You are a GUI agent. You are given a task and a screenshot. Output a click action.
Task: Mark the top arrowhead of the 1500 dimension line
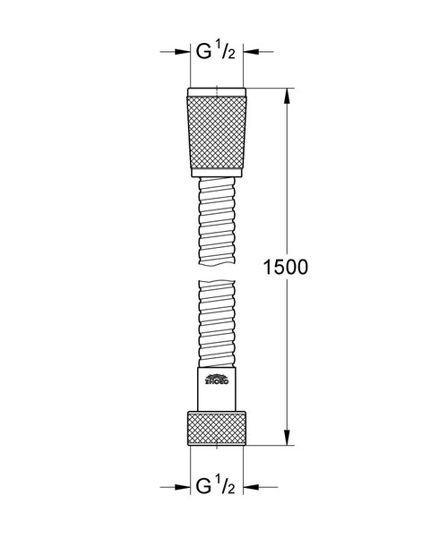(288, 92)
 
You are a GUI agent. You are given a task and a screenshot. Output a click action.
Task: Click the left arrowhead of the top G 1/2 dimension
(183, 52)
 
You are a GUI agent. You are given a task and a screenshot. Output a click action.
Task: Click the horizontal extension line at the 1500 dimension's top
(269, 87)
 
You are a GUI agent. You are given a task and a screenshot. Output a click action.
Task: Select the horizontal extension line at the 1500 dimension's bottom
(269, 446)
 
